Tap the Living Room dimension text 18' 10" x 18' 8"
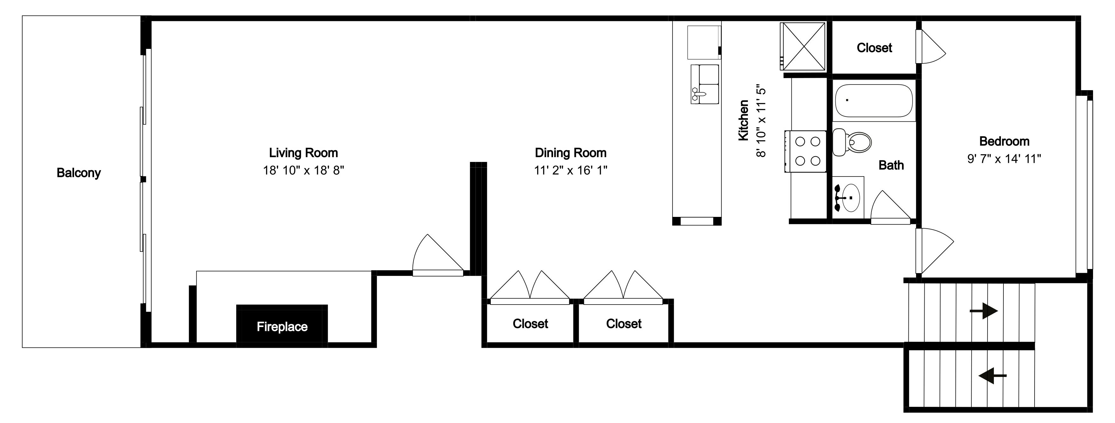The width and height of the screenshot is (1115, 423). click(x=304, y=171)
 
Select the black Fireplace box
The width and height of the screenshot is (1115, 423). click(x=282, y=324)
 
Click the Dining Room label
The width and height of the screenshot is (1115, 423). click(x=571, y=153)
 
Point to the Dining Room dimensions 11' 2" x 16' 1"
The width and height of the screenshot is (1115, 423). click(x=571, y=171)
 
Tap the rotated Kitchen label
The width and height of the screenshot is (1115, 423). click(x=743, y=120)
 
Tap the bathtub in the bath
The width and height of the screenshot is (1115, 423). click(x=873, y=101)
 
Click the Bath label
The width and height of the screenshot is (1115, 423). click(x=891, y=165)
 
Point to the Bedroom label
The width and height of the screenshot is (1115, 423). click(x=1004, y=141)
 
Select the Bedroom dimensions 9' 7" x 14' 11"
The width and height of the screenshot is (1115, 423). click(x=1004, y=159)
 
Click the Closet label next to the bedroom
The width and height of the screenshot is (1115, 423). click(x=874, y=48)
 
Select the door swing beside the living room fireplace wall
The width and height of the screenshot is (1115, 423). click(x=438, y=255)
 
